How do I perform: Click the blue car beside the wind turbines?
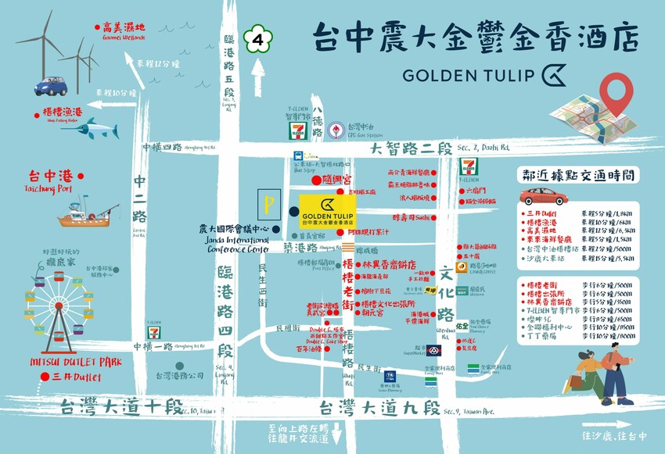click(x=49, y=84)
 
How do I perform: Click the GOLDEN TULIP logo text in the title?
click(x=470, y=74)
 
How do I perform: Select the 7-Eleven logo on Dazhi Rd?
click(x=468, y=166)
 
